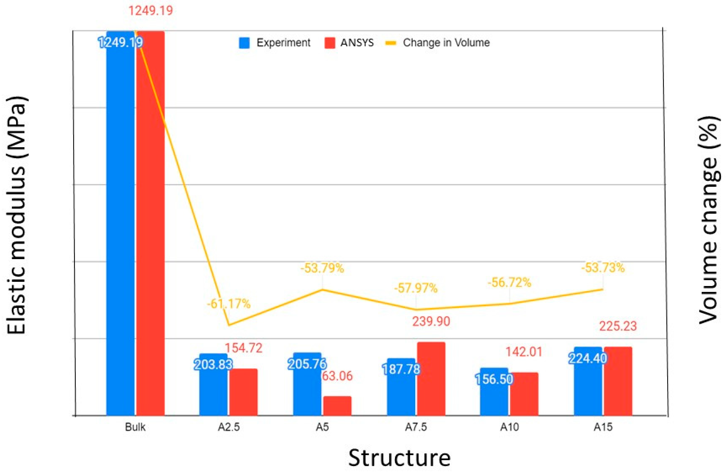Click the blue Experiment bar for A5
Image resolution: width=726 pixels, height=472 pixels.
307,384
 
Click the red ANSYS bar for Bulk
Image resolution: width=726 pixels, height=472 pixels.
150,223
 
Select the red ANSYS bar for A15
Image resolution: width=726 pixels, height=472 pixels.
618,381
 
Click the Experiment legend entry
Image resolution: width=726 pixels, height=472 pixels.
274,43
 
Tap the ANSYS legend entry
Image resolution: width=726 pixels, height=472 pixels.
349,43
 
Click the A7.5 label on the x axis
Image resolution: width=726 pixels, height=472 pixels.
416,427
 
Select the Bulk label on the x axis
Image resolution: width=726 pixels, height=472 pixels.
135,427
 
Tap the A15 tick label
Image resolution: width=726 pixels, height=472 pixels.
603,427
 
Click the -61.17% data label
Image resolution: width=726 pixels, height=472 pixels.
229,304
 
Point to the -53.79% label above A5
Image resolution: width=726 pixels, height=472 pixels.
322,268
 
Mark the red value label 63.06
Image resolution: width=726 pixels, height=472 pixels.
337,376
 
